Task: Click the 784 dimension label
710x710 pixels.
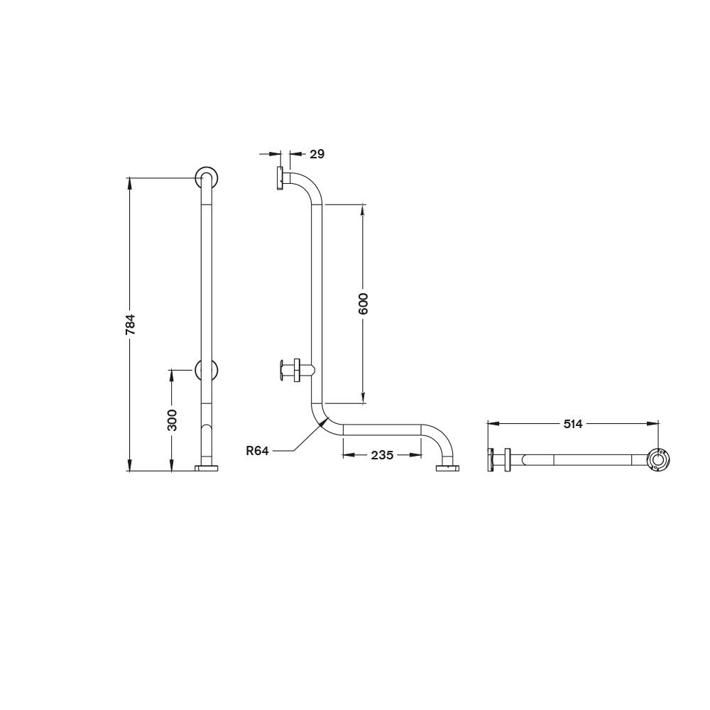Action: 130,324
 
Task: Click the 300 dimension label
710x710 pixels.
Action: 172,419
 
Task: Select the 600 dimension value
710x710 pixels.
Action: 363,304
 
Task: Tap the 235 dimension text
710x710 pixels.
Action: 381,455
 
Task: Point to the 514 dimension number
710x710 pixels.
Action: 572,424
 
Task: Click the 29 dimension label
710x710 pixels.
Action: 317,153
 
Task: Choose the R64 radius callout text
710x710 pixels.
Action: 257,450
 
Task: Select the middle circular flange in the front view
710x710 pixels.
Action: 207,371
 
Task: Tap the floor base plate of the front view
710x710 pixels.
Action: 207,468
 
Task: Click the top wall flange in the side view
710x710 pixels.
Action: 280,178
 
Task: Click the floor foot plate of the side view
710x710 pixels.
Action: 447,468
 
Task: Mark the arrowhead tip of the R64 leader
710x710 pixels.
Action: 326,420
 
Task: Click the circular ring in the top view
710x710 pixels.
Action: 659,460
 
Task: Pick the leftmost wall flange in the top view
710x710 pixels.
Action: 490,460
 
